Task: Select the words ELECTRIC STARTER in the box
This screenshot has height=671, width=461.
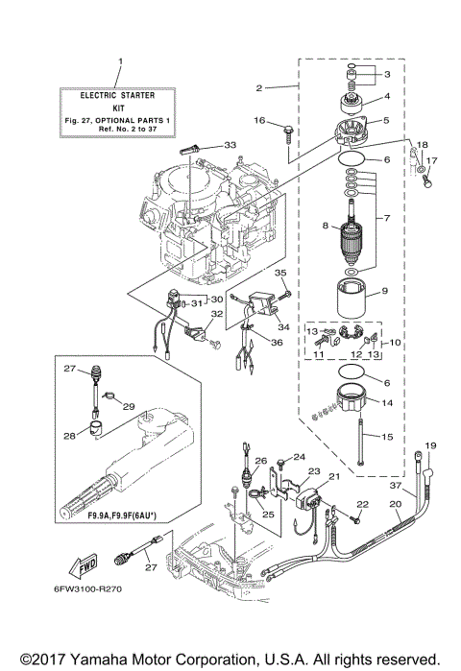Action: coord(120,95)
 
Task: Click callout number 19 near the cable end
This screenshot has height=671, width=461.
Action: coord(431,445)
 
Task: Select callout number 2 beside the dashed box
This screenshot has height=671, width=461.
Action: coord(259,88)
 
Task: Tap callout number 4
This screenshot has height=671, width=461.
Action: coord(387,97)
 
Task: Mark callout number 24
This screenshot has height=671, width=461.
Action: coord(298,457)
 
